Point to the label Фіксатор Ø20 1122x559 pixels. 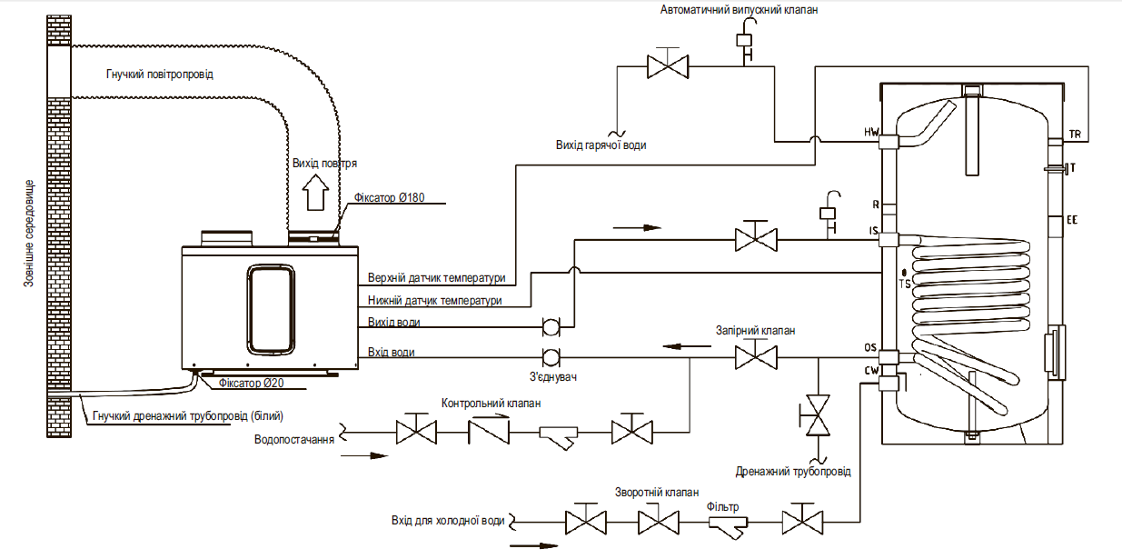tap(252, 384)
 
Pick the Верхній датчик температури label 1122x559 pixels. tap(436, 278)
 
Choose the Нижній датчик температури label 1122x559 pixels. tap(434, 301)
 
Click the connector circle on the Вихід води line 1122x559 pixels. tap(550, 325)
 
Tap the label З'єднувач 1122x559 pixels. tap(554, 376)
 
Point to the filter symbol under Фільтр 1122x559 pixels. tap(727, 523)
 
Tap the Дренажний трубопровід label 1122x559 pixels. tap(793, 472)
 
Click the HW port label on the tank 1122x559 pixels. tap(871, 132)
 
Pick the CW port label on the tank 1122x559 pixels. tap(871, 369)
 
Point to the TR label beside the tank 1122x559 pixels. tap(1076, 135)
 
